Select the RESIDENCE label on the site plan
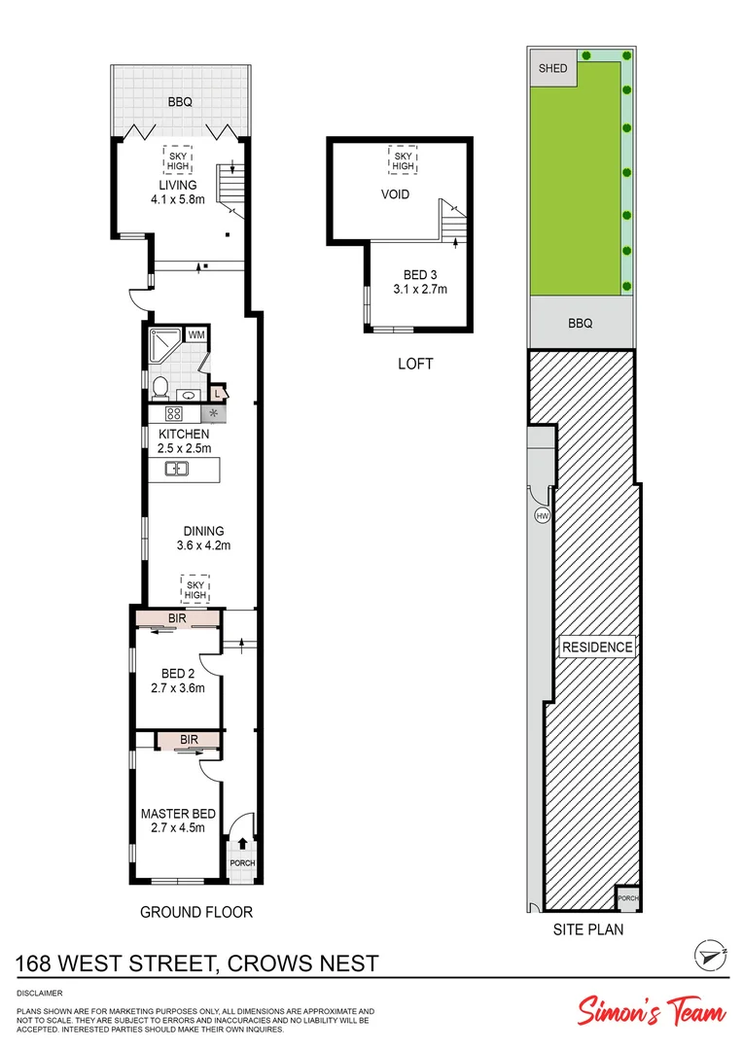[x=597, y=647]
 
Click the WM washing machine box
[x=196, y=335]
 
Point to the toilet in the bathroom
[x=161, y=388]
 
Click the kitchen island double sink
[x=177, y=470]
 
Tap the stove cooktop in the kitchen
[x=160, y=412]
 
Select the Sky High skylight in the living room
[x=177, y=159]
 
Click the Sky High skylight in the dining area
[x=195, y=588]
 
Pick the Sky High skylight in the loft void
[x=402, y=159]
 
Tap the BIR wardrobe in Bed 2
[x=177, y=618]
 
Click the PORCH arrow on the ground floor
[x=241, y=844]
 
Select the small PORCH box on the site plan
[x=628, y=898]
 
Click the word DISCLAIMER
[x=40, y=993]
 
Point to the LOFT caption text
[x=414, y=364]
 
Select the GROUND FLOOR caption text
[x=196, y=912]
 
